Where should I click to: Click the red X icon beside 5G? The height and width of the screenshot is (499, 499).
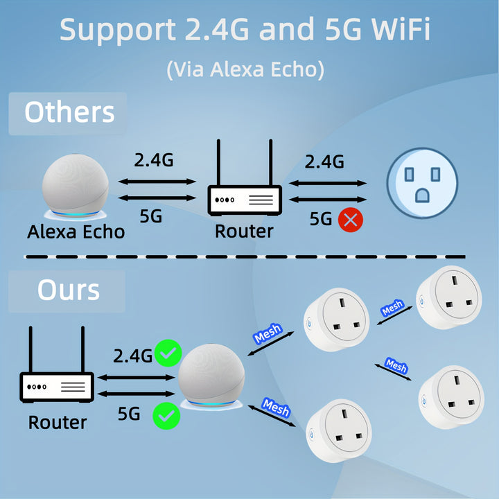[351, 220]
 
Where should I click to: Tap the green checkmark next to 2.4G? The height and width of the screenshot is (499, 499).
[168, 354]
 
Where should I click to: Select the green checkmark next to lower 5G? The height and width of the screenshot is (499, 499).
[166, 416]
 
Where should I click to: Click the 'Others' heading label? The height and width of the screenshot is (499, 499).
[69, 112]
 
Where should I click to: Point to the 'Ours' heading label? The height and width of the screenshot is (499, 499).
[68, 290]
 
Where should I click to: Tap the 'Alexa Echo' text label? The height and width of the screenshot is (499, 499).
[76, 231]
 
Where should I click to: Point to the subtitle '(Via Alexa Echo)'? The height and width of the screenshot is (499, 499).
[245, 69]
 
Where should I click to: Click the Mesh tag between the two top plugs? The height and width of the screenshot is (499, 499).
[392, 308]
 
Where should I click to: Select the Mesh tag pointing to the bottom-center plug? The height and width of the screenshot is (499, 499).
[275, 408]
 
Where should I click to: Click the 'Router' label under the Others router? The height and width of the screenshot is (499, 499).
[244, 231]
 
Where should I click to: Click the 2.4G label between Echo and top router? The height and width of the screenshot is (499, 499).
[154, 160]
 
